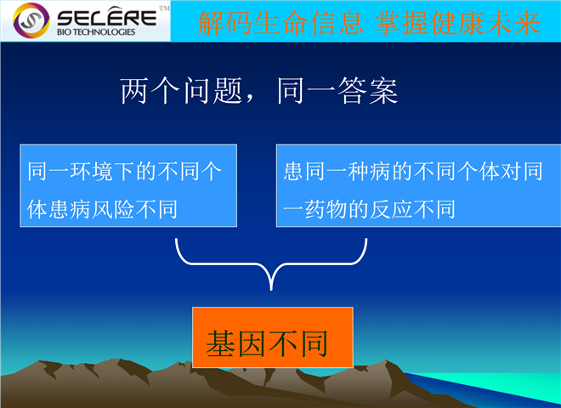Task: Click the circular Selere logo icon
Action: pyautogui.click(x=31, y=20)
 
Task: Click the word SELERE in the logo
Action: pyautogui.click(x=106, y=17)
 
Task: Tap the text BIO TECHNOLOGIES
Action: pyautogui.click(x=96, y=32)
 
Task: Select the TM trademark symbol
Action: pyautogui.click(x=164, y=8)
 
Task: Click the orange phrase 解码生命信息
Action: pyautogui.click(x=280, y=23)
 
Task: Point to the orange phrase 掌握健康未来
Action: pyautogui.click(x=457, y=23)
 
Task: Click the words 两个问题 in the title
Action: pyautogui.click(x=182, y=91)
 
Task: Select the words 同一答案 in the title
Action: pyautogui.click(x=337, y=91)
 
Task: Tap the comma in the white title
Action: pyautogui.click(x=249, y=99)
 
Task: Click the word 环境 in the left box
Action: pyautogui.click(x=91, y=171)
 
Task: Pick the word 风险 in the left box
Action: pyautogui.click(x=113, y=209)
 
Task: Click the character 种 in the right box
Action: pyautogui.click(x=359, y=171)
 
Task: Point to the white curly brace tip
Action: pyautogui.click(x=271, y=289)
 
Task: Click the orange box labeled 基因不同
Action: pyautogui.click(x=273, y=337)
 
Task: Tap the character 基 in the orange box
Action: pyautogui.click(x=221, y=343)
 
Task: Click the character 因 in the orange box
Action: pyautogui.click(x=252, y=343)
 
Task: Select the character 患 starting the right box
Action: pyautogui.click(x=294, y=171)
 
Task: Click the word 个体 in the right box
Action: pyautogui.click(x=479, y=171)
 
